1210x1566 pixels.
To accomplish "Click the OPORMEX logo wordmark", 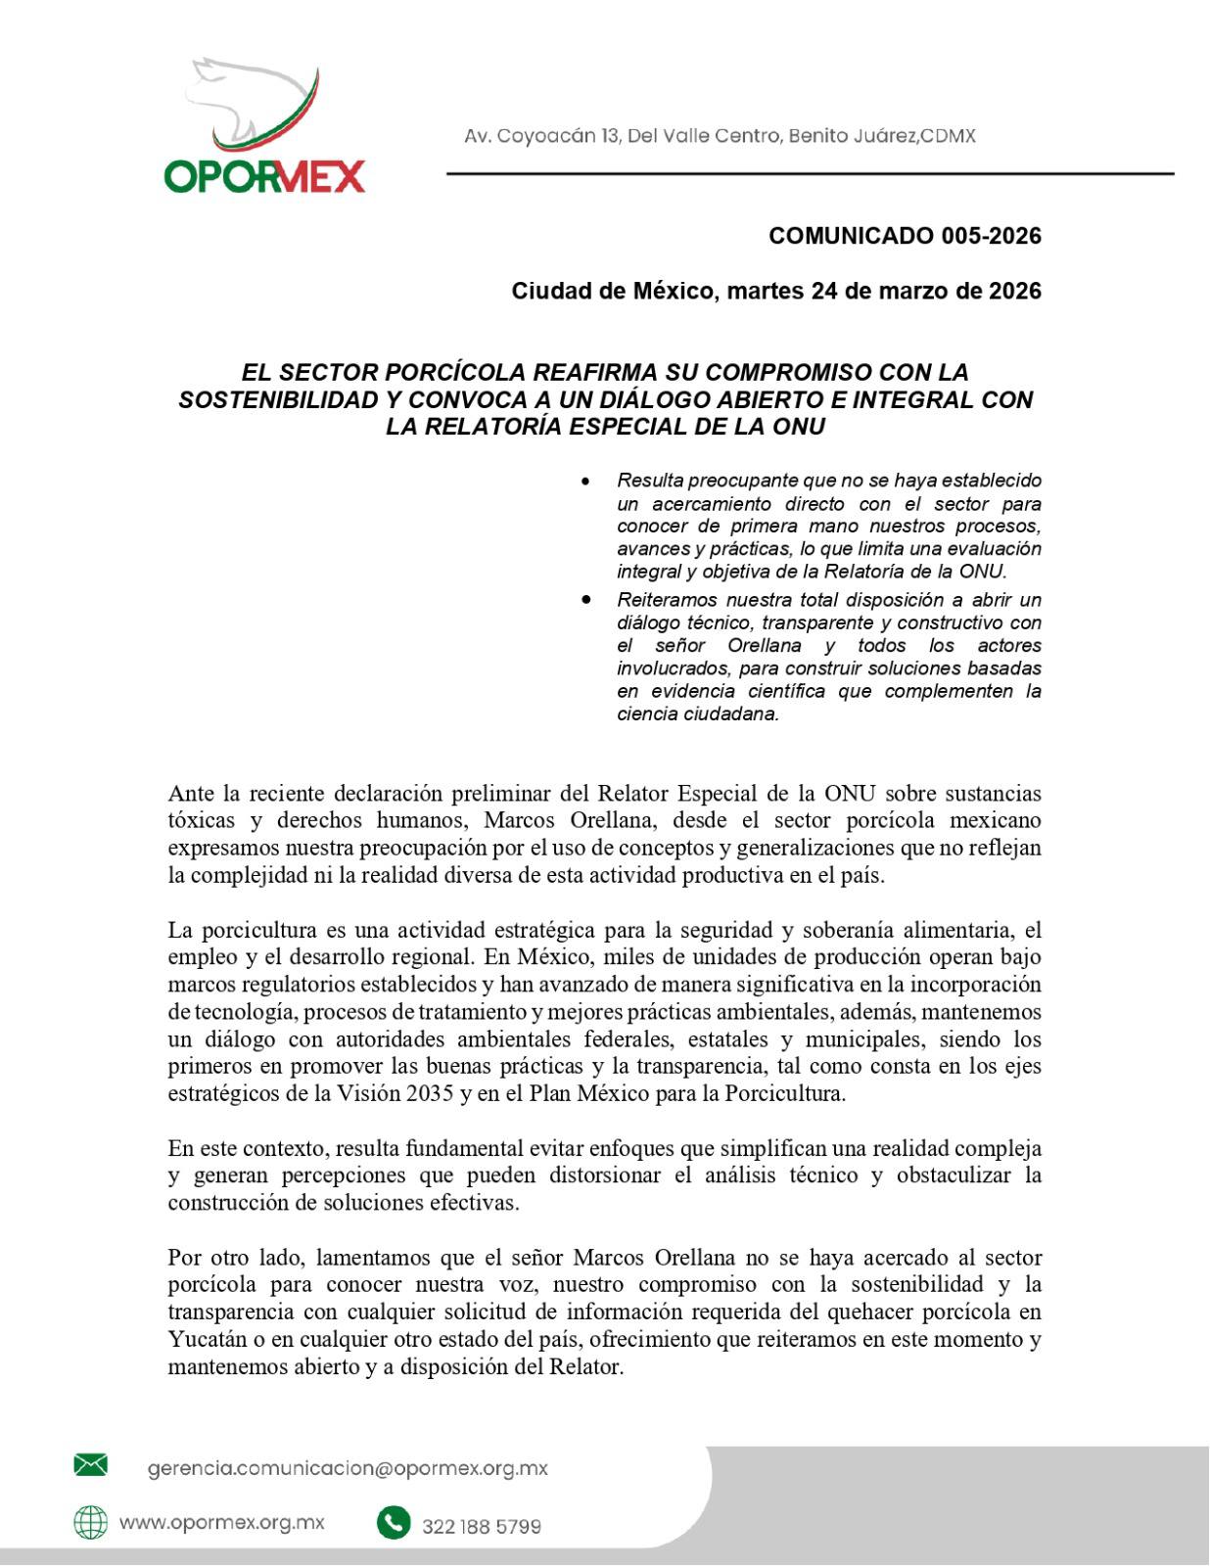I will pyautogui.click(x=264, y=175).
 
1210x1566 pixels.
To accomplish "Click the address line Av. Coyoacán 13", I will pyautogui.click(x=720, y=136).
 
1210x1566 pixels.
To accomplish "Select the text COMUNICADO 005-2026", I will pyautogui.click(x=905, y=236).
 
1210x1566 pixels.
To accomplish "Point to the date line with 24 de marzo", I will pyautogui.click(x=776, y=291).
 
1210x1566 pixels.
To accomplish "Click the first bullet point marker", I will pyautogui.click(x=585, y=481).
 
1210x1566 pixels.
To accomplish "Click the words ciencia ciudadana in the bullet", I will pyautogui.click(x=698, y=714).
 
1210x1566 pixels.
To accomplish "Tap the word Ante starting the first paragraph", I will pyautogui.click(x=190, y=792).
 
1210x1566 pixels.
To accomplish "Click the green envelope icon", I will pyautogui.click(x=91, y=1465).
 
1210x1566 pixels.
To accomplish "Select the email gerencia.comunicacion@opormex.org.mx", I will pyautogui.click(x=348, y=1468).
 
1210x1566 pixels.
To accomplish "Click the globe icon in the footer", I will pyautogui.click(x=91, y=1522).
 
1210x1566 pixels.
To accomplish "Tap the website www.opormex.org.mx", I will pyautogui.click(x=221, y=1523).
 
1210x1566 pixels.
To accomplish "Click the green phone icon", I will pyautogui.click(x=393, y=1523).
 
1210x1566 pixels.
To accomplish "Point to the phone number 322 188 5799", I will pyautogui.click(x=481, y=1526).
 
